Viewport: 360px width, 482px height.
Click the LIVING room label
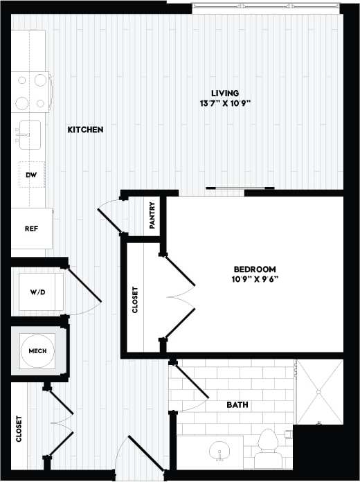coord(226,93)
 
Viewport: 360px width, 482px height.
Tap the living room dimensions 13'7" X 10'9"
coord(226,104)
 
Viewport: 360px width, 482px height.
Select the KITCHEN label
coord(86,130)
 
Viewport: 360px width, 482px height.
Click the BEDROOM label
coord(255,269)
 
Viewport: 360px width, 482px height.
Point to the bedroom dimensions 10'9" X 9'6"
coord(255,280)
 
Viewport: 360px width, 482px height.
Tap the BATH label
coord(237,405)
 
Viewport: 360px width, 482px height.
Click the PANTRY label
coord(152,215)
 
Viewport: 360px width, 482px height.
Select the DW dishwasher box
coord(30,175)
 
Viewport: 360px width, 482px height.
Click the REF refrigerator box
coord(30,229)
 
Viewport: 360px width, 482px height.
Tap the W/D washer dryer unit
coord(37,292)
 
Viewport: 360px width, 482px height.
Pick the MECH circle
coord(37,352)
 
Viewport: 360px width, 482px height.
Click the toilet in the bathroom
coord(267,447)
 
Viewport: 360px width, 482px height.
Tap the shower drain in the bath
coord(319,392)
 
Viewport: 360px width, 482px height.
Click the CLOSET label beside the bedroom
coord(135,299)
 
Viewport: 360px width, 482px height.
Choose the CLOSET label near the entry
coord(19,429)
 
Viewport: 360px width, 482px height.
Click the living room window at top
coord(266,7)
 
